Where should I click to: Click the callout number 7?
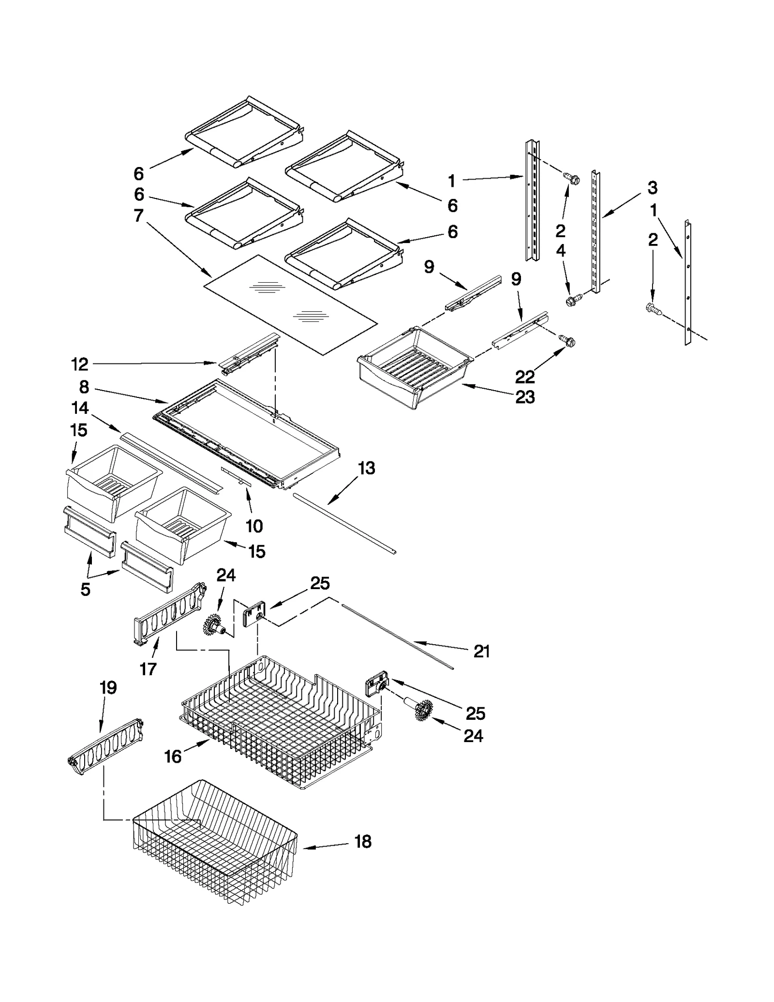click(138, 215)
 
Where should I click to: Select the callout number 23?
click(525, 397)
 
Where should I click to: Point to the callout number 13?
click(366, 468)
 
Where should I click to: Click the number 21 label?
click(481, 652)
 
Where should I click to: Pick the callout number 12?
click(80, 364)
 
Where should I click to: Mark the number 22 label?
click(525, 376)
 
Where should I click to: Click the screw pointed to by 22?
click(567, 341)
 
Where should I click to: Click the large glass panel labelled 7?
click(290, 305)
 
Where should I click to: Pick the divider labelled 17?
click(169, 615)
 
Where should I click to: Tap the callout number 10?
click(254, 526)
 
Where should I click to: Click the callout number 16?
click(173, 756)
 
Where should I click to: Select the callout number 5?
click(85, 589)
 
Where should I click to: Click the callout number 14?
click(80, 408)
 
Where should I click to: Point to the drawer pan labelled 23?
click(414, 368)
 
